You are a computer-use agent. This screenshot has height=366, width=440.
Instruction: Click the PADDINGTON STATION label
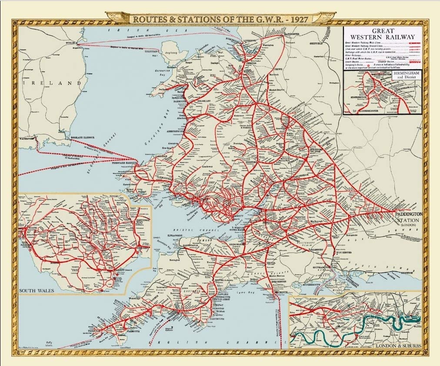pyautogui.click(x=407, y=220)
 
